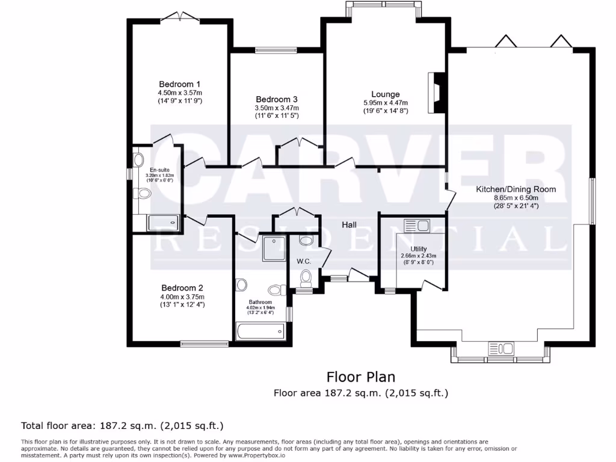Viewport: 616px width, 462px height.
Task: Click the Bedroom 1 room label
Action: pos(180,84)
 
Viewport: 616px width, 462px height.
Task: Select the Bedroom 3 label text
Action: pos(277,99)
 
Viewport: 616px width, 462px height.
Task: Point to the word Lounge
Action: pos(386,94)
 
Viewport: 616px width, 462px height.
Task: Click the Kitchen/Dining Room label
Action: pos(516,189)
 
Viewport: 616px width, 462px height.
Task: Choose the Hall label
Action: pos(350,224)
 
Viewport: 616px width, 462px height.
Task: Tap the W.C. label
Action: pos(303,261)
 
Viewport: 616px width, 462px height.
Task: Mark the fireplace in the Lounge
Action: pos(437,93)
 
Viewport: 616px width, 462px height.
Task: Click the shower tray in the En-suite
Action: pos(164,223)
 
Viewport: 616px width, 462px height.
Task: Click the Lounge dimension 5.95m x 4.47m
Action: pos(386,103)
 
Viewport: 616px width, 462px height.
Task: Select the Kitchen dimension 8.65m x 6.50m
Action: pos(516,197)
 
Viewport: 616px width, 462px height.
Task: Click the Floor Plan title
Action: pos(361,377)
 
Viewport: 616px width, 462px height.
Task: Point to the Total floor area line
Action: pos(123,426)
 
